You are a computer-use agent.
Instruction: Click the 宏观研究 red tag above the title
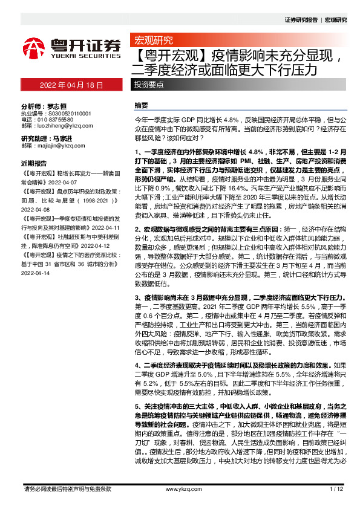click(152, 41)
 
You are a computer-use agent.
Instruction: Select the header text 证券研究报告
click(301, 20)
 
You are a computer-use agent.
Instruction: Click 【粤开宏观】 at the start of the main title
click(162, 57)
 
